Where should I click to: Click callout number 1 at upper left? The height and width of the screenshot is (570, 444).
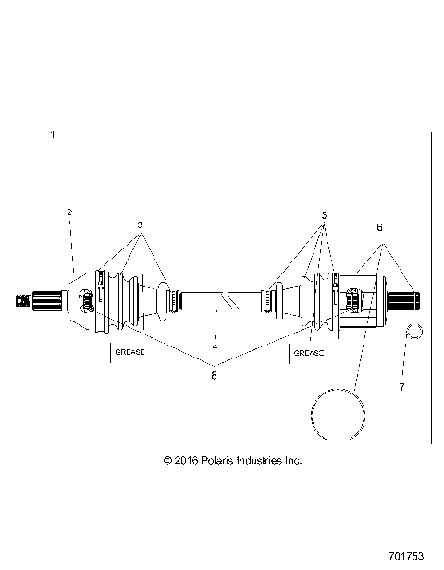[53, 135]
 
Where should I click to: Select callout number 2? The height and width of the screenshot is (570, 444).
[68, 212]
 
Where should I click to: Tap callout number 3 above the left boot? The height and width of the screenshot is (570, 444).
[141, 224]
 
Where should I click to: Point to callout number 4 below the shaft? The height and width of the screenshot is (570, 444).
[215, 347]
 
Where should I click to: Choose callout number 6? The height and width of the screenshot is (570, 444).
[377, 226]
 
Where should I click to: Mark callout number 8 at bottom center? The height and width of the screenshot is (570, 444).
[214, 375]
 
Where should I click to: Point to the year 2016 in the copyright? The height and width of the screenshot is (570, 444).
[186, 459]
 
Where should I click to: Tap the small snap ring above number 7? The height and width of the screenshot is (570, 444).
[414, 332]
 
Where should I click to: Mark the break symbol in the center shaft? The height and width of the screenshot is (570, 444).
[228, 298]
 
